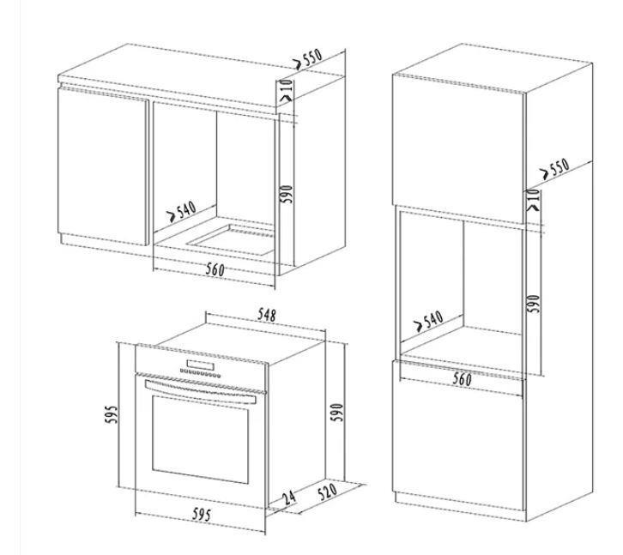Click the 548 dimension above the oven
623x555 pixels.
pos(267,315)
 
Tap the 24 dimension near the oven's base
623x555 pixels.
pos(290,498)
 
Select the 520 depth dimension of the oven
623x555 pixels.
pos(328,492)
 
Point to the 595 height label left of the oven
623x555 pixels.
pos(112,414)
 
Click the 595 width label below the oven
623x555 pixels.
pos(202,515)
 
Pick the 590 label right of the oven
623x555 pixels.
pos(337,413)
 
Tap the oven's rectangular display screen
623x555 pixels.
pos(200,365)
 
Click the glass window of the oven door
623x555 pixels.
pos(200,439)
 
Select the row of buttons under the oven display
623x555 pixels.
pos(200,373)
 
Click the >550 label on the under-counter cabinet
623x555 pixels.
pos(307,59)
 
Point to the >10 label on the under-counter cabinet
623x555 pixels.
pos(286,90)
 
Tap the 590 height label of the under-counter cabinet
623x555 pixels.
pos(286,194)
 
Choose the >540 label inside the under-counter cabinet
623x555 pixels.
pos(181,211)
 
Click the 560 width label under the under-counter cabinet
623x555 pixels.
pos(215,269)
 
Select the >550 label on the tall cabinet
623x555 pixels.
pos(555,169)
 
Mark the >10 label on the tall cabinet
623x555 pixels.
pos(534,199)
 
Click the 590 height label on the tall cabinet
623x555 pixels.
pos(534,304)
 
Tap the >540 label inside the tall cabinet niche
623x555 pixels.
pos(428,321)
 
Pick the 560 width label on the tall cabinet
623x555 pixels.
pos(463,379)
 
